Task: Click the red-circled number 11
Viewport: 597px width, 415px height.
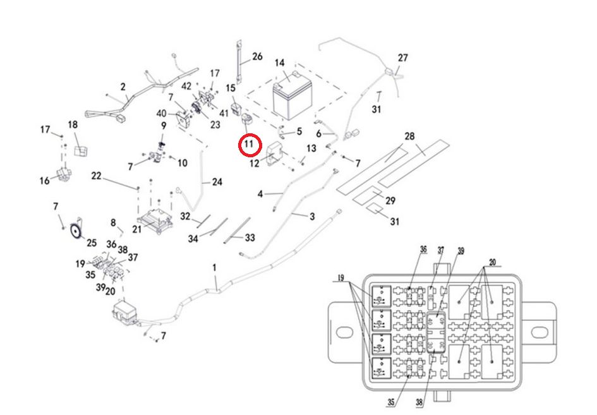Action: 249,145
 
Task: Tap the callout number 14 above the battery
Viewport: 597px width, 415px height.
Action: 279,63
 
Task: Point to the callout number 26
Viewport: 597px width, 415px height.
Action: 257,57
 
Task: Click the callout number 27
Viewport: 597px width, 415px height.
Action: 402,58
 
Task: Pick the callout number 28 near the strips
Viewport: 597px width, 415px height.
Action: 409,136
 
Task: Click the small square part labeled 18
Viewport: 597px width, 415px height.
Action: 80,150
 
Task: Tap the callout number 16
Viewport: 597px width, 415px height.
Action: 44,181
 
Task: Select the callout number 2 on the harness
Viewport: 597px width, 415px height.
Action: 123,87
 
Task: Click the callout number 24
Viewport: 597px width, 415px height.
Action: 217,183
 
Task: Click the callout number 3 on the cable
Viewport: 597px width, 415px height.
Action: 311,217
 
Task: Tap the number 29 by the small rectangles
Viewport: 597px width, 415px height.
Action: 390,201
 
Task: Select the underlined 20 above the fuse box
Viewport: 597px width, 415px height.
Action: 493,262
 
